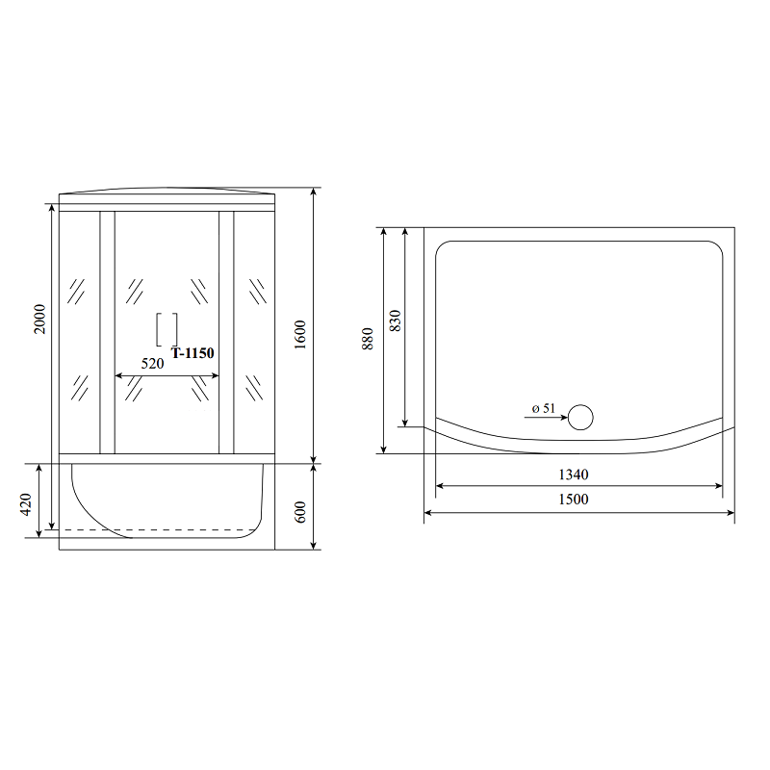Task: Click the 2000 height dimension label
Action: click(x=39, y=320)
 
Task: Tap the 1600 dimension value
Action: click(x=300, y=335)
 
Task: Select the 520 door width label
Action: click(x=152, y=364)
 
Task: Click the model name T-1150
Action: click(x=192, y=353)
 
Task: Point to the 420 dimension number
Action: click(x=26, y=504)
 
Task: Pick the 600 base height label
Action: click(x=300, y=512)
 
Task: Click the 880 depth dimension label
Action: click(x=368, y=339)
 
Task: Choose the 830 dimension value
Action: click(x=395, y=321)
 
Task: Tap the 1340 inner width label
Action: click(x=574, y=475)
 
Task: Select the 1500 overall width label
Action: click(x=574, y=499)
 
